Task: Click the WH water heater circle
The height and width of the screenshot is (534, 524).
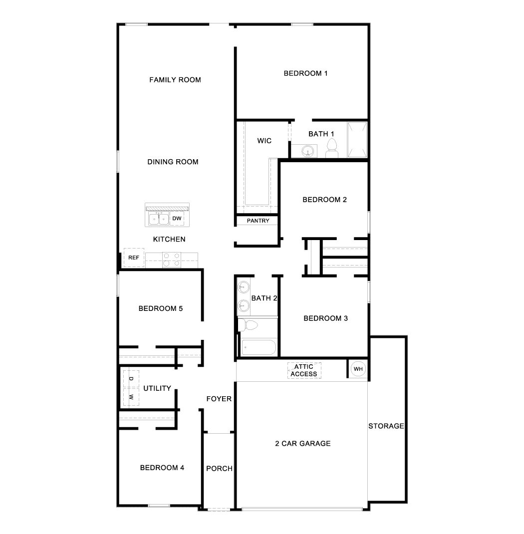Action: pos(358,369)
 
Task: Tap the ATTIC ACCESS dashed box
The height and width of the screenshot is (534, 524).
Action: pos(304,370)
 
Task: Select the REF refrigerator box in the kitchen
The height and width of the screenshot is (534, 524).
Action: pos(133,258)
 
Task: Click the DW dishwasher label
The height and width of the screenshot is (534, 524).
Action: pos(177,219)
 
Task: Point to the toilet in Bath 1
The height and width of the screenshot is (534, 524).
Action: pos(332,148)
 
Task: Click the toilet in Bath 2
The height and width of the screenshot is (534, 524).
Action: pos(248,325)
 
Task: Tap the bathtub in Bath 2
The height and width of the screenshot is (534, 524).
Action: pos(258,347)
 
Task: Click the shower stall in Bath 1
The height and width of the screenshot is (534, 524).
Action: pos(357,139)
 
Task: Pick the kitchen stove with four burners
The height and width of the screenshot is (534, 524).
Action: pos(171,260)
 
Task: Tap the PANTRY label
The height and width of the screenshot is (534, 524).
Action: pos(258,221)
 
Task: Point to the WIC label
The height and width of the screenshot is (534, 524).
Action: pos(264,141)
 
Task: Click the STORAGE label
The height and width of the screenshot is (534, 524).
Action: pos(386,426)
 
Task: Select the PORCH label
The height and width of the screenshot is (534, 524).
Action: pos(219,469)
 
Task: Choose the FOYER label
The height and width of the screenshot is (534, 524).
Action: pos(219,399)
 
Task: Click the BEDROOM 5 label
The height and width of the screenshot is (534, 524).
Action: pos(160,308)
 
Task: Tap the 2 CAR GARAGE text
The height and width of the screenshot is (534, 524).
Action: pos(302,443)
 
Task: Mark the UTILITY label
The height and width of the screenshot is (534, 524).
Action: pos(157,388)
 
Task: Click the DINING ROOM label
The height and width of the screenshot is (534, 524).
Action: pos(173,162)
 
